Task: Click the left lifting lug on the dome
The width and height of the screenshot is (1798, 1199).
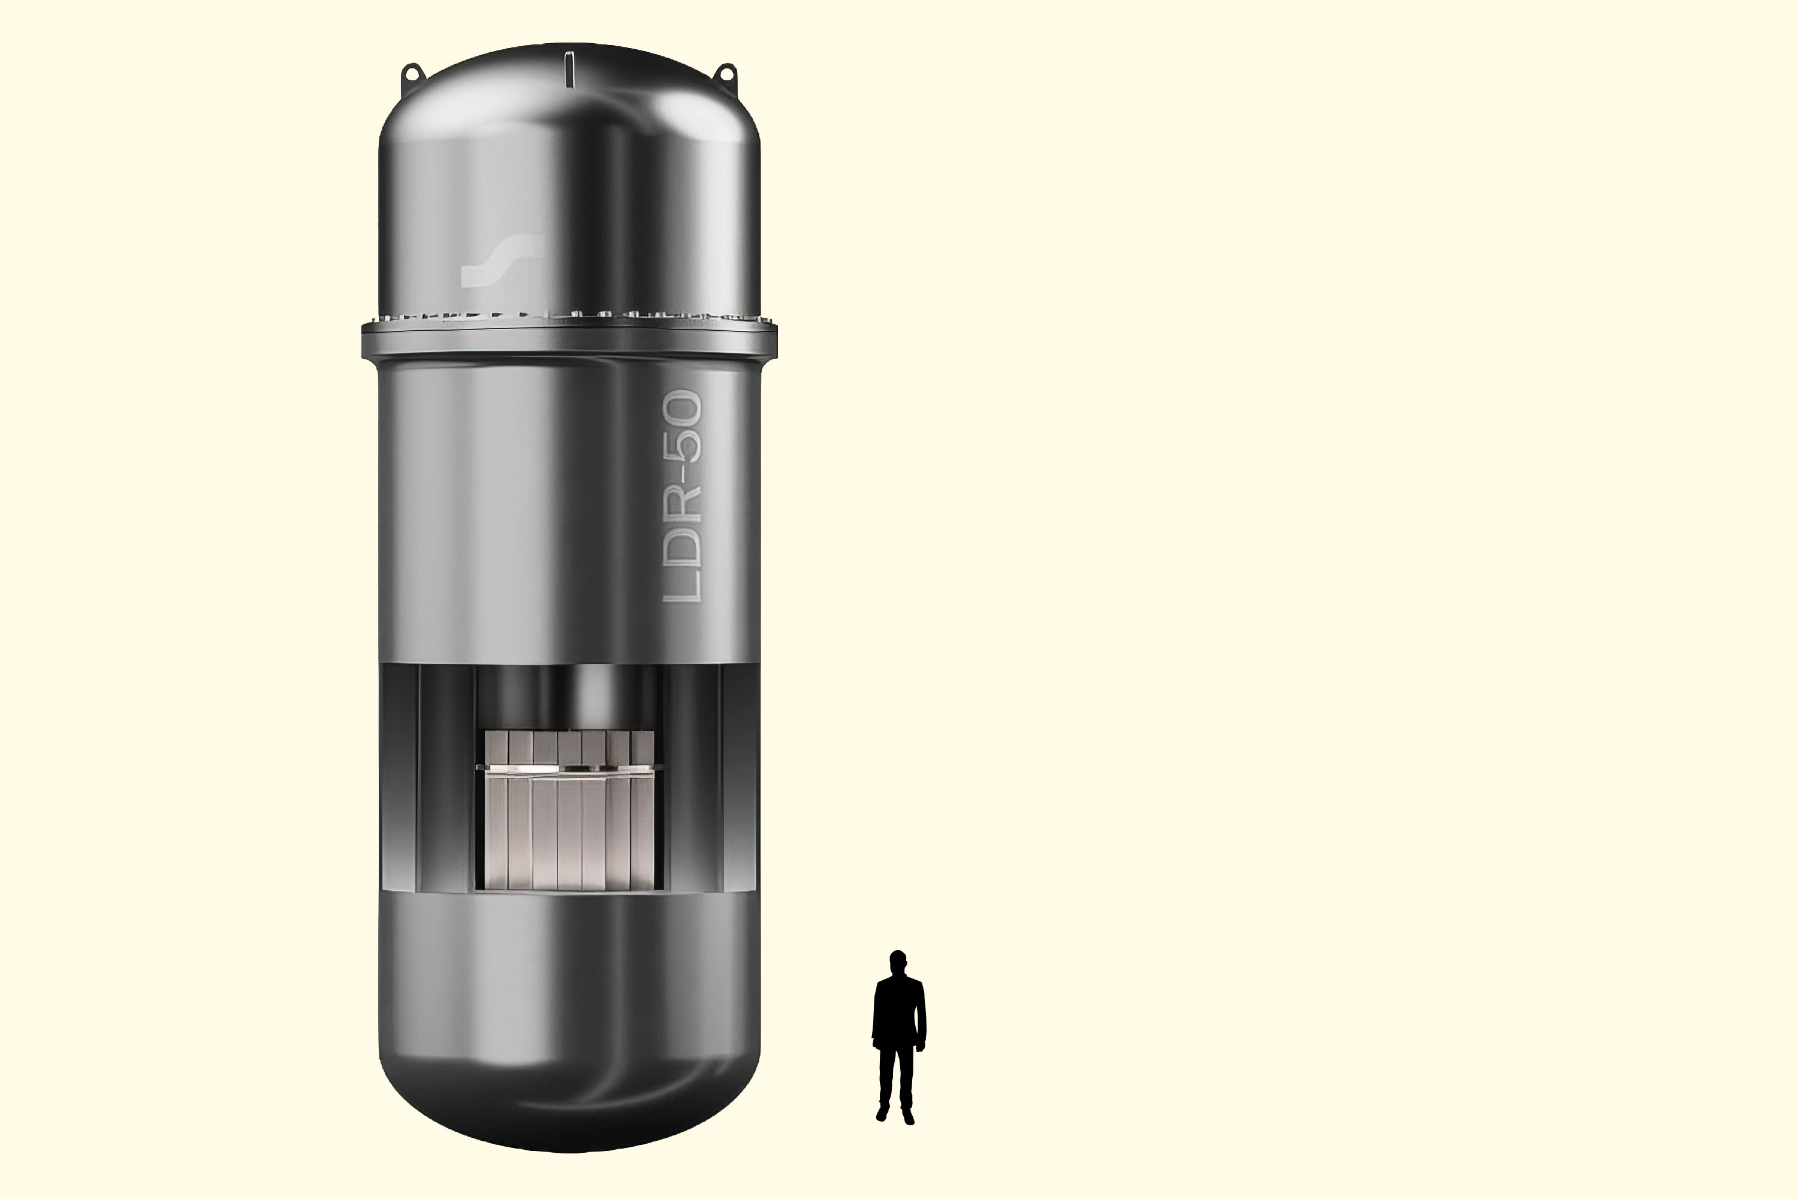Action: click(413, 73)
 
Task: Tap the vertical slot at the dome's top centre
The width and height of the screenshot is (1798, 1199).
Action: click(569, 69)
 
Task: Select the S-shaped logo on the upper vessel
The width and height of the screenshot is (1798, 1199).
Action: click(502, 260)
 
